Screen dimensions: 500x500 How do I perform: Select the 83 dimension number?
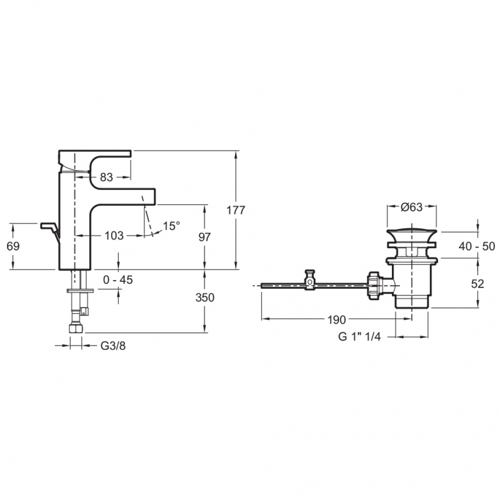[x=106, y=177]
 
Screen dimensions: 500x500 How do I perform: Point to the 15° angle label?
[x=171, y=226]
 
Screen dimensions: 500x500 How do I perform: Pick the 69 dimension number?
[x=12, y=246]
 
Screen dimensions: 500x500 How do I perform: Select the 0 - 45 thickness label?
[x=117, y=280]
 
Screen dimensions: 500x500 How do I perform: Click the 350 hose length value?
[x=205, y=297]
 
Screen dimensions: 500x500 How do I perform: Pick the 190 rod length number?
[x=336, y=320]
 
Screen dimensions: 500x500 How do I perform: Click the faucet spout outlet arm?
[x=125, y=195]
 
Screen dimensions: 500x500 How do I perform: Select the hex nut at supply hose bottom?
[x=75, y=329]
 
